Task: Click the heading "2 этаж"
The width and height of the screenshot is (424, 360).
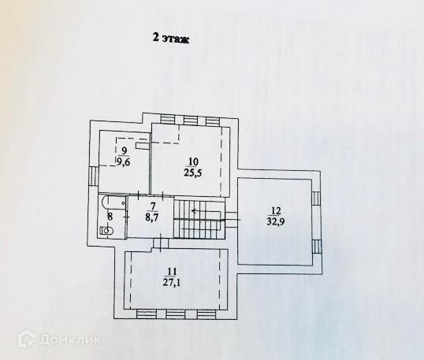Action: [x=171, y=38]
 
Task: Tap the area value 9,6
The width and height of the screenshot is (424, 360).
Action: [x=123, y=162]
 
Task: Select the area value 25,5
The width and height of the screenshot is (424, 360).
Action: [x=193, y=173]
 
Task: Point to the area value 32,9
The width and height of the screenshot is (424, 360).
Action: [x=276, y=221]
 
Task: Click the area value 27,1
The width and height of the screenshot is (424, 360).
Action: [x=172, y=283]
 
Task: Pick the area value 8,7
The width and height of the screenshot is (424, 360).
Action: [x=153, y=217]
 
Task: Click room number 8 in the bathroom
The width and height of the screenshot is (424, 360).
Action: [x=110, y=216]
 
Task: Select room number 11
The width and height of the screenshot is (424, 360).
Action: [x=172, y=271]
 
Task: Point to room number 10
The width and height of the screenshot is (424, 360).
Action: [x=193, y=161]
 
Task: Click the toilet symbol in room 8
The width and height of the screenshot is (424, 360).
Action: [x=107, y=231]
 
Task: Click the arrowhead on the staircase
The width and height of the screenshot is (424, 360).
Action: [x=194, y=211]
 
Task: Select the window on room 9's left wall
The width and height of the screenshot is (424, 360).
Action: [x=93, y=176]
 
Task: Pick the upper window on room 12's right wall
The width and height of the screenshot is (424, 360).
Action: [x=315, y=199]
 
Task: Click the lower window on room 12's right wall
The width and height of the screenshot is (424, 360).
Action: [x=316, y=247]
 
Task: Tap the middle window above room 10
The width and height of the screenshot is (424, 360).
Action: [x=191, y=120]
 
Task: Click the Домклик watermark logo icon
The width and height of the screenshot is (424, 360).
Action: [x=27, y=339]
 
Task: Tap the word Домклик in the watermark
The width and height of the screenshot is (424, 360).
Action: [x=70, y=340]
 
